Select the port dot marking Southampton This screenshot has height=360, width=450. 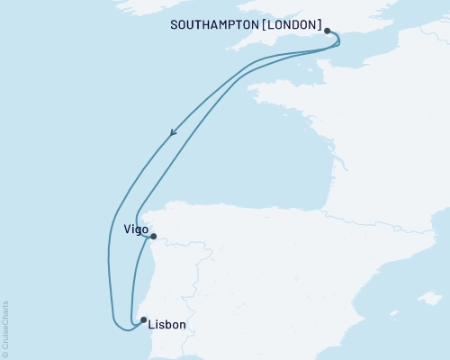coord(328,31)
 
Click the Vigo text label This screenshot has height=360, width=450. coord(135,229)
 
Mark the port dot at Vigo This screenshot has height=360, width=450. coord(153,237)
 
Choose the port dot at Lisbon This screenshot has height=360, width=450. coord(143,319)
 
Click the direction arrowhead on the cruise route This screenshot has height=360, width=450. coord(172,133)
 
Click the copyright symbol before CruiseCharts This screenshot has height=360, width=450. coord(5,355)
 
